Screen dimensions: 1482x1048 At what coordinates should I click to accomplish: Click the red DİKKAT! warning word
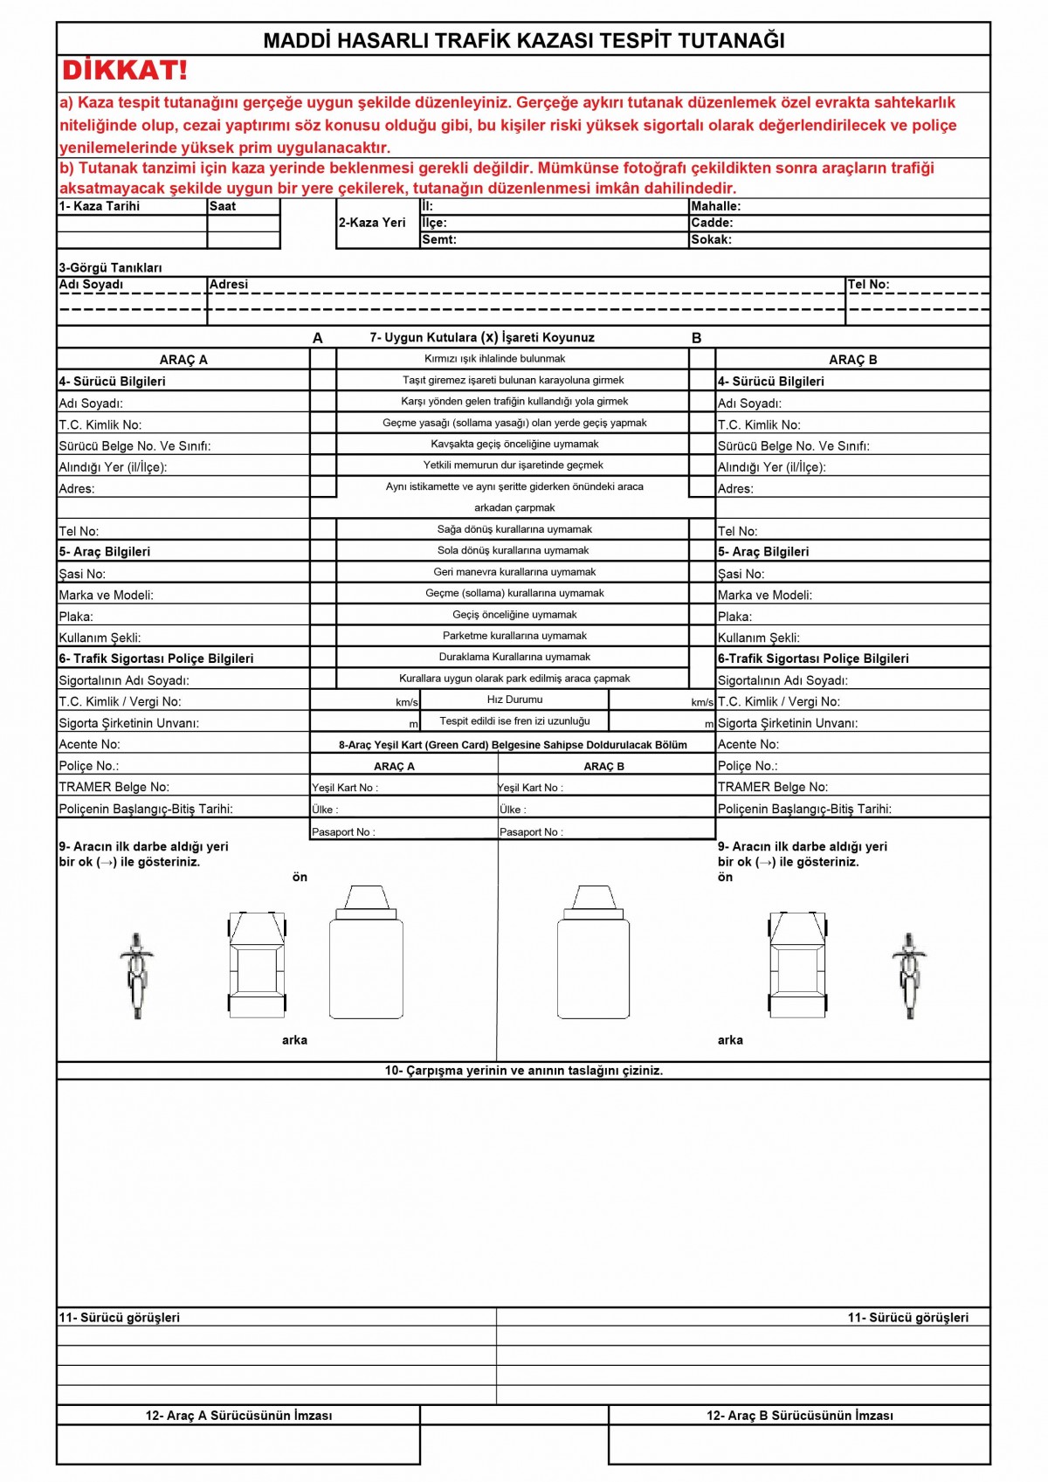point(124,71)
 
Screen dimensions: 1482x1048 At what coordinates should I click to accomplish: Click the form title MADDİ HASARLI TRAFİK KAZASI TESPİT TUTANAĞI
point(524,40)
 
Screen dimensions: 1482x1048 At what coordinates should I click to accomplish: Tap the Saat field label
point(223,206)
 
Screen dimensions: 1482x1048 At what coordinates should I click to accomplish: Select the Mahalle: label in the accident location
point(715,206)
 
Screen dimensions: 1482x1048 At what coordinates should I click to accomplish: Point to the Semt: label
point(439,239)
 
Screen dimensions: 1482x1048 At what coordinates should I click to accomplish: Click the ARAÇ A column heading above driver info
point(183,360)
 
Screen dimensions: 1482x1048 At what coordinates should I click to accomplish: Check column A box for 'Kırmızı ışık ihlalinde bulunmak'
point(323,359)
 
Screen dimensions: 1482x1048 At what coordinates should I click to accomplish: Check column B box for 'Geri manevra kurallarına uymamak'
point(702,572)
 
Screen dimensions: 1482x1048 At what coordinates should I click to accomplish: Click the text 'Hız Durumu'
point(514,700)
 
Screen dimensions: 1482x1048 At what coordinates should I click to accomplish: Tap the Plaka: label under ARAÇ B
point(734,617)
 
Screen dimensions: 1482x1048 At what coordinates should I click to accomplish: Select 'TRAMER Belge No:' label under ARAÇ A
point(114,787)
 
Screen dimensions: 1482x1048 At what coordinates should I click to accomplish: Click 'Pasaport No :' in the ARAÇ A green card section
point(343,832)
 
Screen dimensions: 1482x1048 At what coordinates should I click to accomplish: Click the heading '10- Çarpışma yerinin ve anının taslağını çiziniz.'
point(524,1071)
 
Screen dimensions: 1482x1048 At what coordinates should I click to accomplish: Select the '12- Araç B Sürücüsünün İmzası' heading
point(799,1416)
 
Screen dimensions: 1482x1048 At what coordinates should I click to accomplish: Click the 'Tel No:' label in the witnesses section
point(868,285)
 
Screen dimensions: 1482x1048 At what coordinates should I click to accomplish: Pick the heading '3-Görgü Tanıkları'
point(110,268)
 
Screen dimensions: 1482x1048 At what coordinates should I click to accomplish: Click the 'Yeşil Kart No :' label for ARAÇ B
point(530,788)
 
